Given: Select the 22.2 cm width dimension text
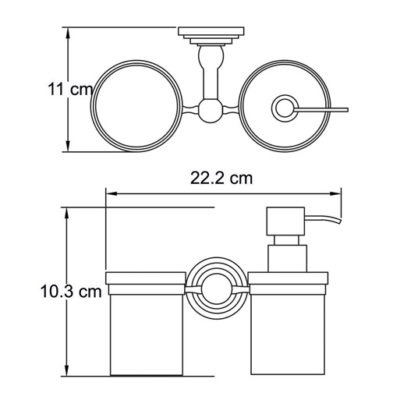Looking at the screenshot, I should click(x=222, y=178).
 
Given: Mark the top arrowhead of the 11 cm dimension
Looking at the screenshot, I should click(x=68, y=34).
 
